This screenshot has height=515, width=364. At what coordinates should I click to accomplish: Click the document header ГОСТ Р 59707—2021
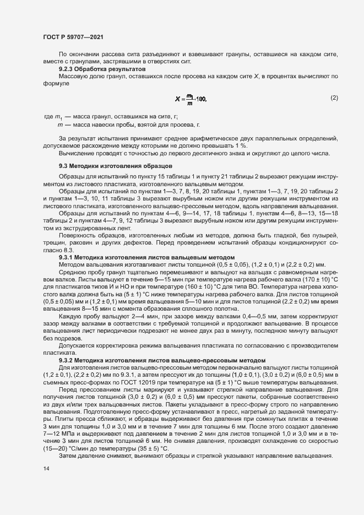click(x=73, y=37)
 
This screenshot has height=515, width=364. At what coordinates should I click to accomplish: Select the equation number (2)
click(x=334, y=98)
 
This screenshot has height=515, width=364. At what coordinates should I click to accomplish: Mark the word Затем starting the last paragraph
click(x=68, y=457)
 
